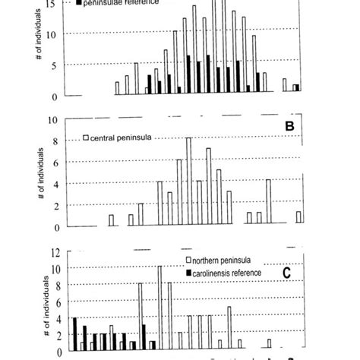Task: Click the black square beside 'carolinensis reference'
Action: point(189,272)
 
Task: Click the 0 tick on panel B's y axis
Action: point(54,227)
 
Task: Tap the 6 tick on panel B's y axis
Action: point(54,163)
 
